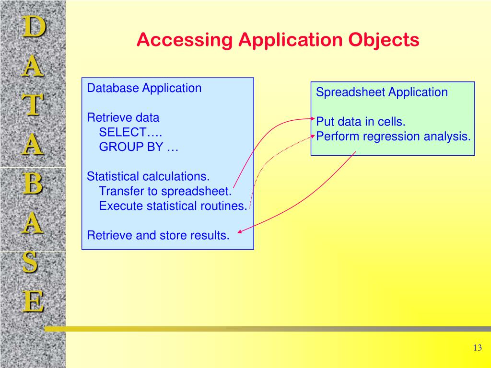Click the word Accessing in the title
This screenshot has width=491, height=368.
184,40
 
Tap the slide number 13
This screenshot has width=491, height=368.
477,348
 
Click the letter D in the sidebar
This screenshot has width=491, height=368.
33,27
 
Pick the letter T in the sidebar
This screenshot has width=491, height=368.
33,105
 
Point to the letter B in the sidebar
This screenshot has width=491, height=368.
33,184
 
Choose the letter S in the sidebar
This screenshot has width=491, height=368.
31,262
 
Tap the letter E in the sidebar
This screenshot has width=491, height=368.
33,302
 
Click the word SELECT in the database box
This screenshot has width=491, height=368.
126,132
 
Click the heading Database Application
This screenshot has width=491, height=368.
144,88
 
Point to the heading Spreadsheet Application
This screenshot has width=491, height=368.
382,92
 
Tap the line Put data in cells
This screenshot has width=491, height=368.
361,122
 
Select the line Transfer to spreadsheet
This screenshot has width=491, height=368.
165,191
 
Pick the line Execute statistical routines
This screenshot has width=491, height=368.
173,206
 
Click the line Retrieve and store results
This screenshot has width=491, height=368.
158,235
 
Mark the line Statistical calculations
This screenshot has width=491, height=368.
148,176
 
